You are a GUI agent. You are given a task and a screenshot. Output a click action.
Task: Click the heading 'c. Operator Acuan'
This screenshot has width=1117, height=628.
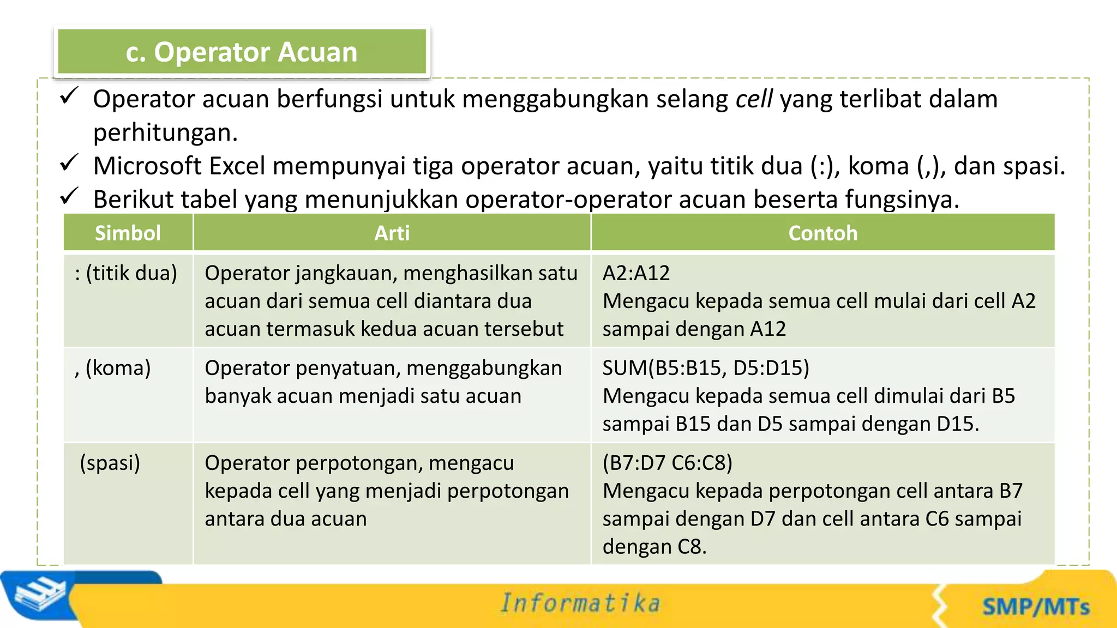242,52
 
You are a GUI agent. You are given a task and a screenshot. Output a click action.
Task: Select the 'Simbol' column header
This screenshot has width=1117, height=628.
128,233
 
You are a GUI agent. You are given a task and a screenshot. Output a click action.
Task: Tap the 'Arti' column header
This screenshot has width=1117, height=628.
392,233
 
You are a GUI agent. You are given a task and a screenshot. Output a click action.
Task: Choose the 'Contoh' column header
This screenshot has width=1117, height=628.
822,233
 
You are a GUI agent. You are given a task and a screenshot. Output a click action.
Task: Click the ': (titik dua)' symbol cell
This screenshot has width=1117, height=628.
126,273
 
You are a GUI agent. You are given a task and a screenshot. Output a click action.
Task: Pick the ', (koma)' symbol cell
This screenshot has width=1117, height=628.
113,368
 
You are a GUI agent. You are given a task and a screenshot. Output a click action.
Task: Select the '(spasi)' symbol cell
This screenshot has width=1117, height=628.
110,463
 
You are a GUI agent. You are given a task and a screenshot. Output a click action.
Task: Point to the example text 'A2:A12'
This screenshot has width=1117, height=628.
636,273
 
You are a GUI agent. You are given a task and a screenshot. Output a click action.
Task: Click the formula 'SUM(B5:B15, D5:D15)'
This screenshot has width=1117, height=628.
706,368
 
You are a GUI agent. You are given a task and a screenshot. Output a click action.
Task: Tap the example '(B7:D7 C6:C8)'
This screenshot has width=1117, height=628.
667,463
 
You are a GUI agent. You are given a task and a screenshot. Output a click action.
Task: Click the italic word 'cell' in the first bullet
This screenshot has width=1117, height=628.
754,99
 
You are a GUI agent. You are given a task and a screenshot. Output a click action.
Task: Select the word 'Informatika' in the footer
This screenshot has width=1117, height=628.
580,603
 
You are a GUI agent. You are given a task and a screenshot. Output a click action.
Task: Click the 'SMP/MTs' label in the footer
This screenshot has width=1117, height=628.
1036,607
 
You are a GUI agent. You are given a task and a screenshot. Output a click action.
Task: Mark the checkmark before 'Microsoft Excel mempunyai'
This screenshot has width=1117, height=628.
69,163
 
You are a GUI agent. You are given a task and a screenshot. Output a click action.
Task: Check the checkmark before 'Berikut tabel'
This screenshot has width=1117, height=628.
69,196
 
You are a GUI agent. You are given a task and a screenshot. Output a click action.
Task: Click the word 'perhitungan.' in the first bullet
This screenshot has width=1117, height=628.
165,133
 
